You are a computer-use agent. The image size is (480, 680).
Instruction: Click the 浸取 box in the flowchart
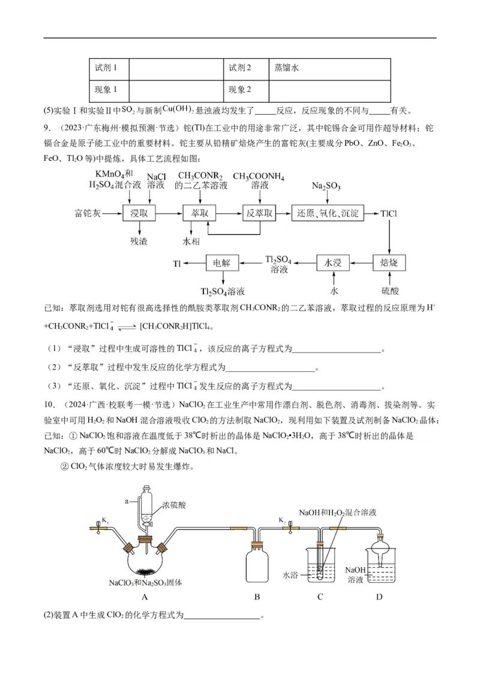pyautogui.click(x=139, y=213)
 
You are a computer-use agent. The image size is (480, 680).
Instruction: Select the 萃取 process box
pyautogui.click(x=199, y=213)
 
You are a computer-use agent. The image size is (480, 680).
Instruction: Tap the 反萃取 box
pyautogui.click(x=259, y=213)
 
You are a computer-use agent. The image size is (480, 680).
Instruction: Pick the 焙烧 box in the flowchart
pyautogui.click(x=389, y=263)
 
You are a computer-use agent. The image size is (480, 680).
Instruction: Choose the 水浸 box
pyautogui.click(x=333, y=263)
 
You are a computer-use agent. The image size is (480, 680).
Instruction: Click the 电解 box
pyautogui.click(x=223, y=263)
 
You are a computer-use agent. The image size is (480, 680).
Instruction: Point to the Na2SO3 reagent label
pyautogui.click(x=326, y=187)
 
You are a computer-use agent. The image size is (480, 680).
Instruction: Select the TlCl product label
pyautogui.click(x=389, y=213)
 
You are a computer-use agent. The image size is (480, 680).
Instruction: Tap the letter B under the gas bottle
pyautogui.click(x=257, y=597)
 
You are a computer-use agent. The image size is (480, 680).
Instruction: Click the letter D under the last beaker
pyautogui.click(x=379, y=597)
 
